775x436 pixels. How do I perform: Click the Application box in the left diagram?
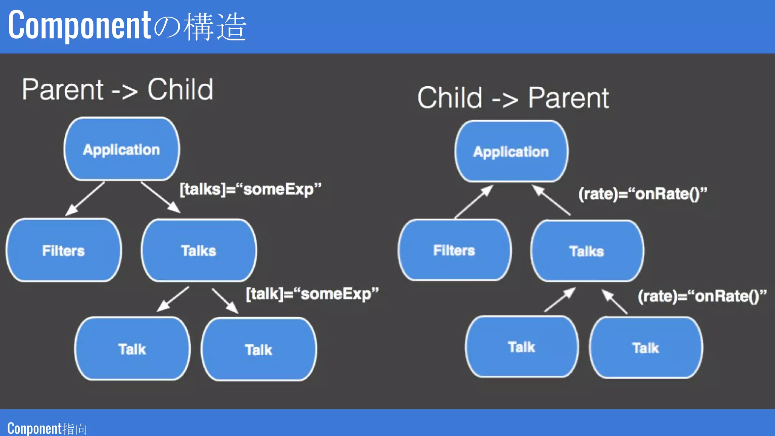[121, 149]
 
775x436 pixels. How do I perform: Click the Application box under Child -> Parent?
[511, 151]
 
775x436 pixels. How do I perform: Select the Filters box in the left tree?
[64, 250]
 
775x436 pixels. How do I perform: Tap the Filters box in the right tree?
[454, 250]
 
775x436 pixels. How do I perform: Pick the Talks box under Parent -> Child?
[199, 250]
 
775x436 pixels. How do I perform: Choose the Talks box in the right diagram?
[587, 251]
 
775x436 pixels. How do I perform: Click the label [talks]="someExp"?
[250, 189]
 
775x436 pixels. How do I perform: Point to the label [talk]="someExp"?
[312, 294]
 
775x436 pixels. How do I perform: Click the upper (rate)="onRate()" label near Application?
[642, 194]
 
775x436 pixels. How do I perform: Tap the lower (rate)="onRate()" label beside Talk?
[702, 296]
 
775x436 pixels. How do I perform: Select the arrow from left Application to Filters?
[85, 199]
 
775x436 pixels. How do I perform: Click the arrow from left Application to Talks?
[160, 197]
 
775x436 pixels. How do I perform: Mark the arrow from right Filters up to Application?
[474, 201]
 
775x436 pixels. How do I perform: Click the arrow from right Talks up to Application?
[551, 200]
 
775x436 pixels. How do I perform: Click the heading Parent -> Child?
[117, 90]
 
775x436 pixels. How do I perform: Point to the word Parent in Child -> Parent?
[568, 98]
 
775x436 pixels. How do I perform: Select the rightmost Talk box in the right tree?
[646, 347]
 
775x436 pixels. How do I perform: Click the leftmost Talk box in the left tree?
[132, 349]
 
